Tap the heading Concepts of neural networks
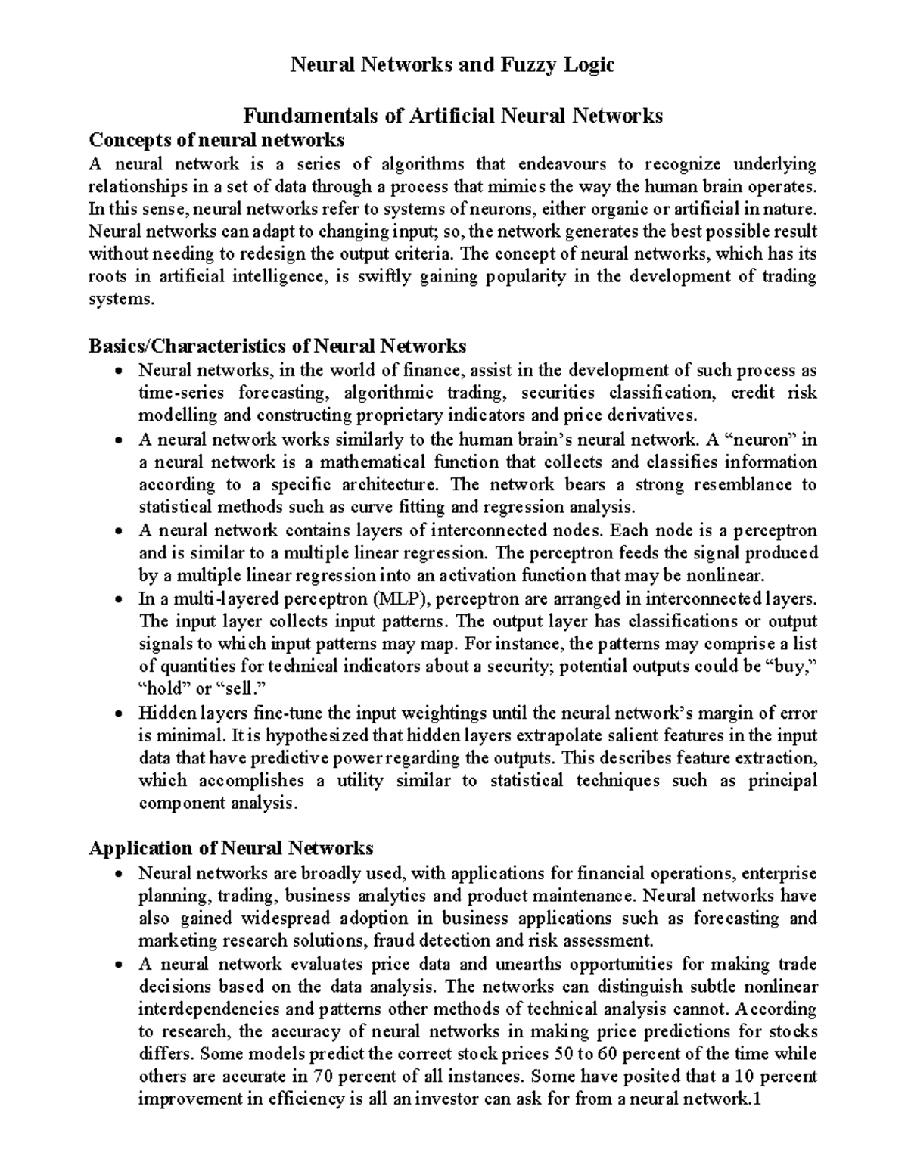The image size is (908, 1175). pos(216,140)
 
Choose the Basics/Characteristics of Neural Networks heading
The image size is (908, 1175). pos(277,347)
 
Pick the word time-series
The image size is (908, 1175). pos(180,393)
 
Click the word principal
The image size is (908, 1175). pos(783,781)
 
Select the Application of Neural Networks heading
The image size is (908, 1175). pos(232,848)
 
